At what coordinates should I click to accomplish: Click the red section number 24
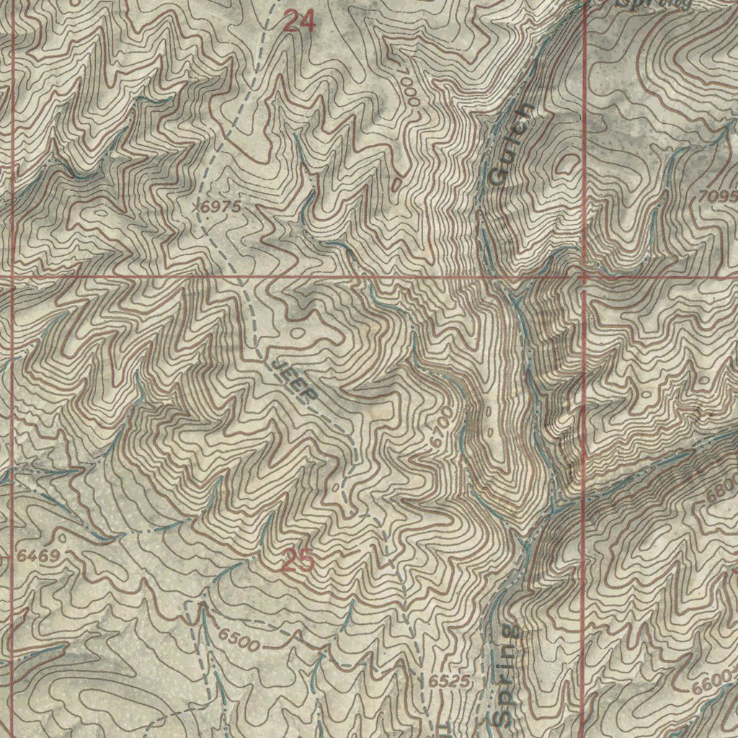299,22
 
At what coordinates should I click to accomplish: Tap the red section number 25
297,561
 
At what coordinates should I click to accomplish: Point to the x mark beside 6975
197,206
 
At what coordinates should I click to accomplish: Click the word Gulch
512,143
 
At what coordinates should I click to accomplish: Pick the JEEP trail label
295,381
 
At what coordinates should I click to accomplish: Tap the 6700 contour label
442,430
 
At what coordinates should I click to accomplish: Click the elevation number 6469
38,555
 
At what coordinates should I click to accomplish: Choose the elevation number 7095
717,196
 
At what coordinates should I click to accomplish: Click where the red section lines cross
583,275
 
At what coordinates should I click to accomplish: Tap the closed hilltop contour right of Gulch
566,164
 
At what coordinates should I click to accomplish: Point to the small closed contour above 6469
63,537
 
